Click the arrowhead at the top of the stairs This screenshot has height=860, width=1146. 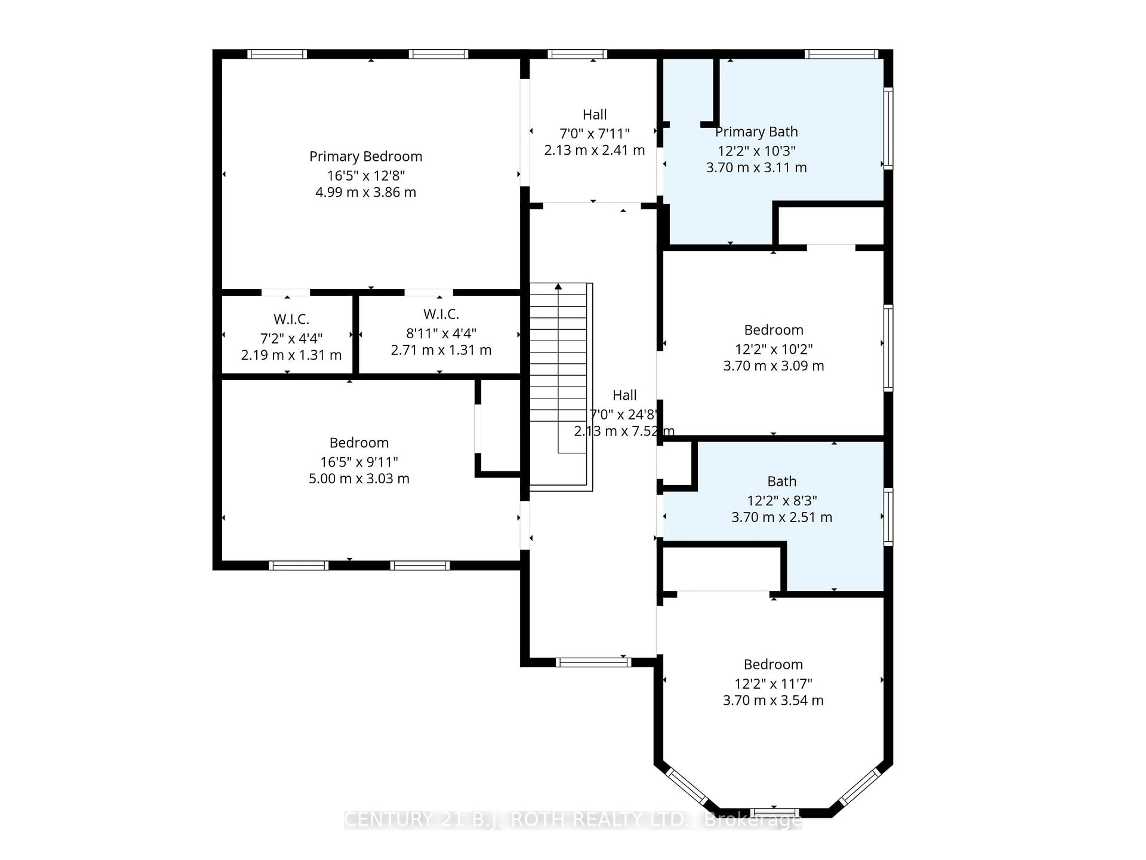[x=558, y=287]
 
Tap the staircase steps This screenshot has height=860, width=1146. [x=558, y=363]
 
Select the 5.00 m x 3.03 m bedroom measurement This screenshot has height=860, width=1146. [x=359, y=478]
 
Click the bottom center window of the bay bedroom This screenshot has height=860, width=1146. [x=774, y=812]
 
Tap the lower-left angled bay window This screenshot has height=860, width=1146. [x=686, y=786]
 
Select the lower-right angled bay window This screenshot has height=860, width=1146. [x=860, y=786]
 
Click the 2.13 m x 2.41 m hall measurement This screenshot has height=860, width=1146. [x=594, y=150]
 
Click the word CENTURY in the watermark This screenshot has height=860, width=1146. [x=388, y=820]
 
